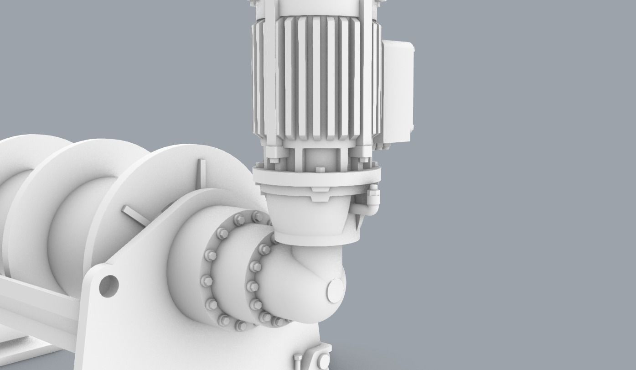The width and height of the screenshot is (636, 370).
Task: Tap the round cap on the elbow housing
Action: pyautogui.click(x=336, y=291)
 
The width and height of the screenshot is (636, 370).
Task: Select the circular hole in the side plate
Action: pyautogui.click(x=109, y=285)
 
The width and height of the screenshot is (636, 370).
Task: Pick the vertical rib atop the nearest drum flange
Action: pyautogui.click(x=201, y=174)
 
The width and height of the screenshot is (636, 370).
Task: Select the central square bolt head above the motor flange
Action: pyautogui.click(x=320, y=170)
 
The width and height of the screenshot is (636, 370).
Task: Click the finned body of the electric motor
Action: pyautogui.click(x=315, y=78)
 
